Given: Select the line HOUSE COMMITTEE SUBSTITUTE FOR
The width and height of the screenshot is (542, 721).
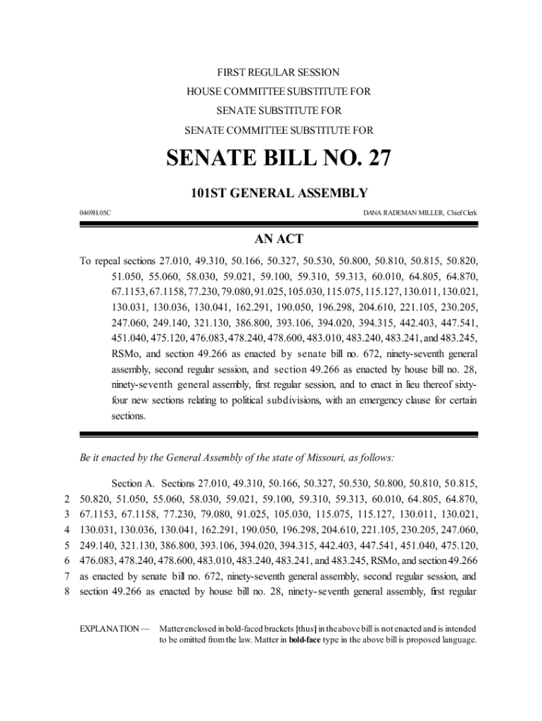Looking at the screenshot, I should click(278, 92).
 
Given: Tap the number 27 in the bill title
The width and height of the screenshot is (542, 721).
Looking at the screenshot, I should click(373, 159).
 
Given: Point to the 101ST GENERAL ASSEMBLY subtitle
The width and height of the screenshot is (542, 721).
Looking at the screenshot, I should click(278, 192).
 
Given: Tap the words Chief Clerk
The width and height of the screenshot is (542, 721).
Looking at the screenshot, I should click(461, 212).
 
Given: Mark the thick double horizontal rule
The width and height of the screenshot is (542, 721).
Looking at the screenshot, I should click(278, 434).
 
